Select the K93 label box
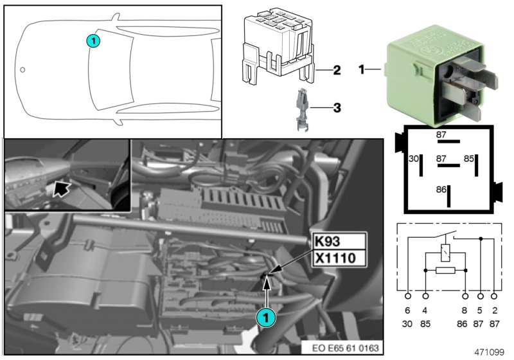click(x=338, y=241)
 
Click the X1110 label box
click(x=338, y=258)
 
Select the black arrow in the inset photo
click(x=62, y=188)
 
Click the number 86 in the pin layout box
click(x=441, y=190)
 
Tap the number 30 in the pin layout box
click(x=414, y=158)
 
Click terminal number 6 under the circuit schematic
click(x=408, y=309)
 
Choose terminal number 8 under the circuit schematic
click(x=465, y=309)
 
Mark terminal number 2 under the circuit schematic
click(x=493, y=309)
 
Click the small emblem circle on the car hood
click(x=23, y=69)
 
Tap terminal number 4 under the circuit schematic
click(x=425, y=309)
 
